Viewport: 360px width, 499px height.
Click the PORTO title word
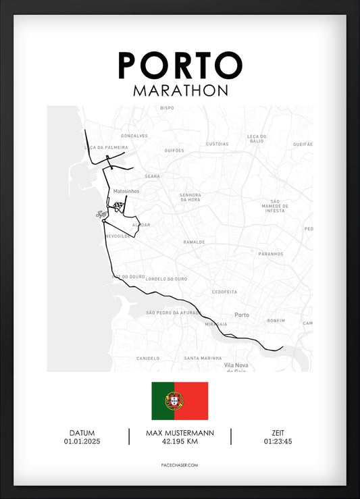pos(180,65)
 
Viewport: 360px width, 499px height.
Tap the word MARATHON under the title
pos(180,90)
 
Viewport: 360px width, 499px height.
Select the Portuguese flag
pos(180,400)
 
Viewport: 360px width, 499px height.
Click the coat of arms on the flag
pos(174,400)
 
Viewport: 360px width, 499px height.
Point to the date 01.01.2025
pos(82,442)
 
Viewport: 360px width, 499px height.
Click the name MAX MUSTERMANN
pos(180,433)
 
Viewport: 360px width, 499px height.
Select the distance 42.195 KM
pos(180,442)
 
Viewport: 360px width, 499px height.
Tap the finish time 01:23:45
pos(278,442)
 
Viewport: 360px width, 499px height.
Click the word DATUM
pos(82,433)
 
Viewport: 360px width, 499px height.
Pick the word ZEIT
pos(278,433)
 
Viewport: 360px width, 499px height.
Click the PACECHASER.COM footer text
pos(180,465)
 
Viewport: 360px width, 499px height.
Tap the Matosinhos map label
pos(126,191)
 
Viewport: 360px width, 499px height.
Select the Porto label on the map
pos(241,315)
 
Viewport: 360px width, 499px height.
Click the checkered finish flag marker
pos(119,206)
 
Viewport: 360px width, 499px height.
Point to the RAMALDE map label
pos(194,241)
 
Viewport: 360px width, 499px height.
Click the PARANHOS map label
pos(270,254)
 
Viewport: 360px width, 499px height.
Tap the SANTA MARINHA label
pos(203,358)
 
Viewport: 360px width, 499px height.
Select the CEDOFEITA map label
pos(224,292)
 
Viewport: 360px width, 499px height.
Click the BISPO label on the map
pos(167,108)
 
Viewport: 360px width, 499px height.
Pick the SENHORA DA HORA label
pos(190,198)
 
